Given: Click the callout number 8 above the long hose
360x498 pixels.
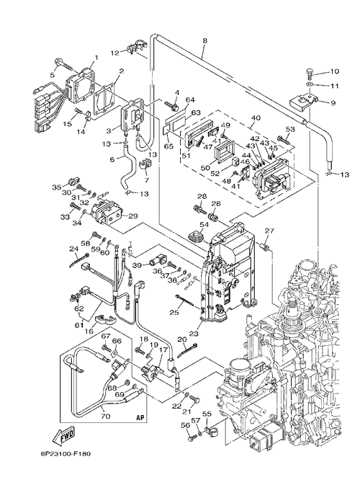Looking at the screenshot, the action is point(204,40).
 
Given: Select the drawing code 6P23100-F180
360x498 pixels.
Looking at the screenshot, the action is point(66,453).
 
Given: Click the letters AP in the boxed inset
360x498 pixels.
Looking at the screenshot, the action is point(140,417).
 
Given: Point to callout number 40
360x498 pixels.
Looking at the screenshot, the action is point(256,117).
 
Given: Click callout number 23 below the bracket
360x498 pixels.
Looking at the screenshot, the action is point(194,334).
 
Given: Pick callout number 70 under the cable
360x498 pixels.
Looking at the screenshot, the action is point(106,415).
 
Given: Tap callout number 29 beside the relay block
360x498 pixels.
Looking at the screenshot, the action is point(133,216).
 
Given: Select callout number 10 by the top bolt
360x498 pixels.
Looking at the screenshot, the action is point(334,71).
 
